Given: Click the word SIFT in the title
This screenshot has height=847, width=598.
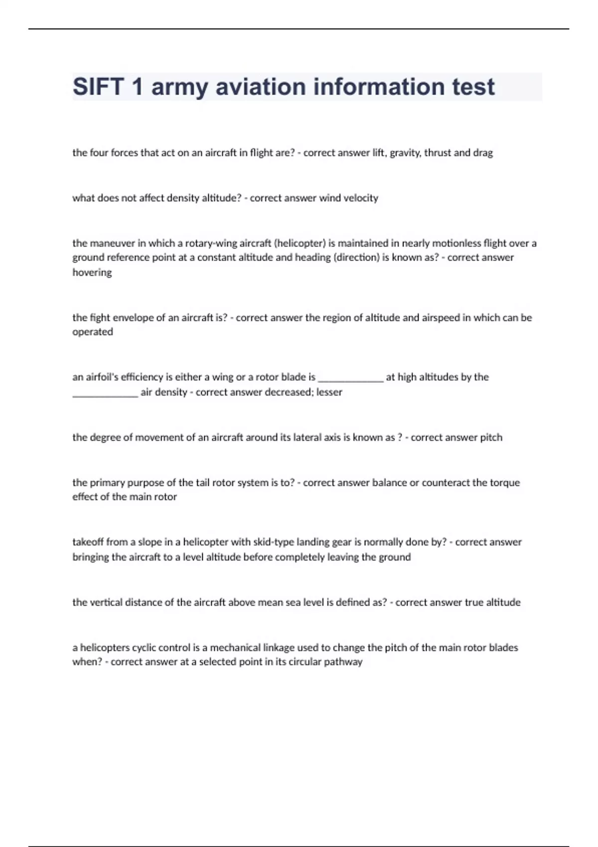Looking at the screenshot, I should (98, 87).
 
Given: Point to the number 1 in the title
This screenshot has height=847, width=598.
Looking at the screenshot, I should (137, 87).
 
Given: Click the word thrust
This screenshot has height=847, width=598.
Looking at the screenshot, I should (437, 153).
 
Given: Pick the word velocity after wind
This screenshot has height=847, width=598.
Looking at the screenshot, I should (361, 198).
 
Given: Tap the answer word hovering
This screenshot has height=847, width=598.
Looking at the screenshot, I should (92, 273).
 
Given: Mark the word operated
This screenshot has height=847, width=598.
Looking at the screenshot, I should (93, 332).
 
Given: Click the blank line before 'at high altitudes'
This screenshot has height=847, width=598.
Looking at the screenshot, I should (351, 379).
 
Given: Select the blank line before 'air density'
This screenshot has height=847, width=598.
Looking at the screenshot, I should (105, 394).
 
